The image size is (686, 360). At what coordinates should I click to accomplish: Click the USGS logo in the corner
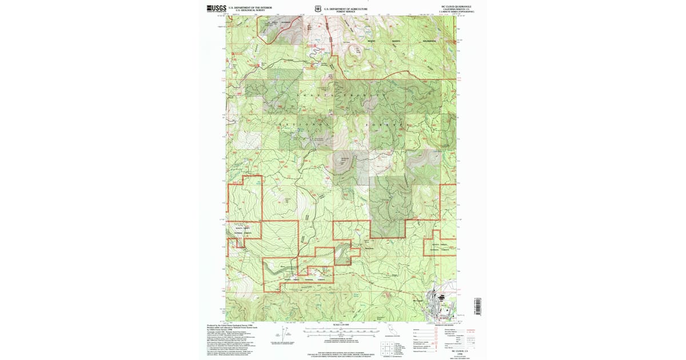click(x=216, y=8)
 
